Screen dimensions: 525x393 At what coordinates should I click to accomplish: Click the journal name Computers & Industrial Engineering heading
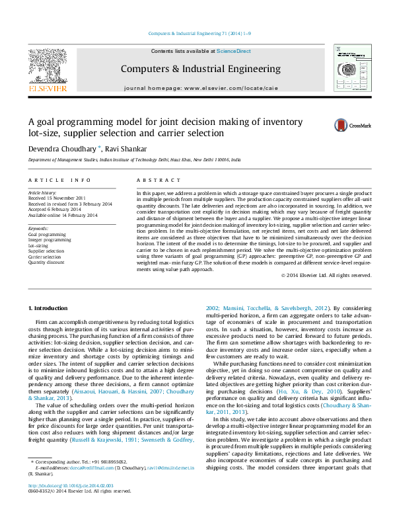coord(200,69)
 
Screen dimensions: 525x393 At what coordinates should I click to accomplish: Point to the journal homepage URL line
coord(200,88)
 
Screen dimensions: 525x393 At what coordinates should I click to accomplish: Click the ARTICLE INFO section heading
coord(59,180)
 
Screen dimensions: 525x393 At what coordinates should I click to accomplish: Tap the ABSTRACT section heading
coord(155,180)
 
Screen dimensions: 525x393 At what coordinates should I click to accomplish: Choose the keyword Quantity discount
coord(46,262)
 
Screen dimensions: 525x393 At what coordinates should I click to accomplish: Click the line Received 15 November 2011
coord(56,198)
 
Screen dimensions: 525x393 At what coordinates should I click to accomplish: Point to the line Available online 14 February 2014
coord(62,215)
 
